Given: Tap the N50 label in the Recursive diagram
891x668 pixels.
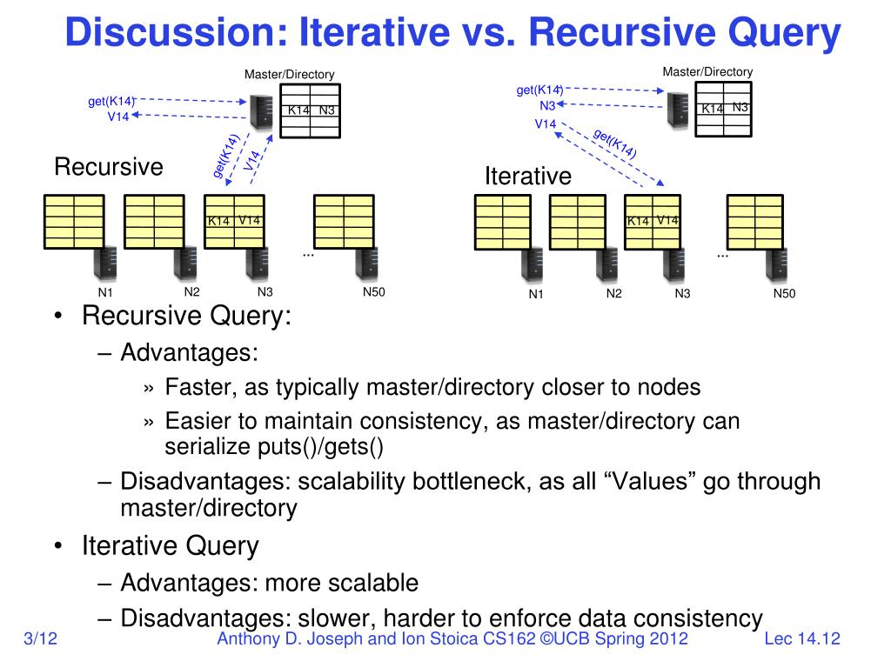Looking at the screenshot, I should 373,291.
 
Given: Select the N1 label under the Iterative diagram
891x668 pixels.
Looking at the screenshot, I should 536,294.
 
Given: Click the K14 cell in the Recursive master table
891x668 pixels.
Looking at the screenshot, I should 298,110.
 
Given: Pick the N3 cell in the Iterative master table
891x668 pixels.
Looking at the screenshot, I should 740,107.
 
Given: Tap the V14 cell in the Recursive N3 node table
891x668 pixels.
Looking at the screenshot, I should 250,220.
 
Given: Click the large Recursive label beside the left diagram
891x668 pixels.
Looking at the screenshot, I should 109,167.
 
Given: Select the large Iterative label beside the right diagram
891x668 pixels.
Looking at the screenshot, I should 528,177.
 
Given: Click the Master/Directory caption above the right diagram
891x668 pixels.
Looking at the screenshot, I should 707,71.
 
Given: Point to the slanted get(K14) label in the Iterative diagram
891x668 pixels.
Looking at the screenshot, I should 614,143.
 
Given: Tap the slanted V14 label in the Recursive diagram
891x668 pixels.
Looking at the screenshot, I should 252,160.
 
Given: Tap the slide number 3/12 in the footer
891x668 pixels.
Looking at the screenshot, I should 41,639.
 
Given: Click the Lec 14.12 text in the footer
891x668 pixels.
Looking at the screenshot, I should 801,639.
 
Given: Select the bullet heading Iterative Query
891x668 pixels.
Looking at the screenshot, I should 171,546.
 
